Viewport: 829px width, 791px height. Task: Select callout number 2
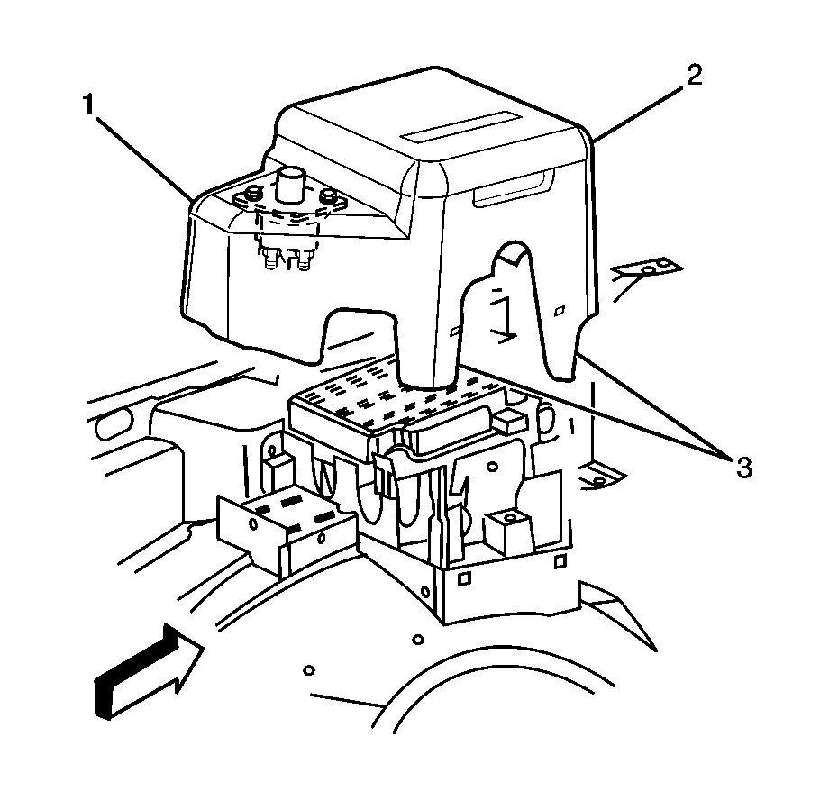pos(692,76)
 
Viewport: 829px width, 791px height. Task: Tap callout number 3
pos(742,467)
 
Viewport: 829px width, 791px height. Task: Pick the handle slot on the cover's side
pos(511,191)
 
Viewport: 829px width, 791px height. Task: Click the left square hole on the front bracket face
pos(463,577)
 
